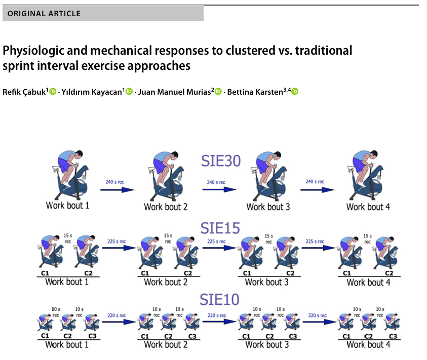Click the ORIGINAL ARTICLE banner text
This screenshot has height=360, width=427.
pos(44,13)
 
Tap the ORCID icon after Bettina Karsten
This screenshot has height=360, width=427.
pos(295,92)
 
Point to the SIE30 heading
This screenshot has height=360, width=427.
pos(220,161)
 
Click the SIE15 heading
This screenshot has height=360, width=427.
pos(220,228)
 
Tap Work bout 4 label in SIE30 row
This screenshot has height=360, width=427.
pos(368,207)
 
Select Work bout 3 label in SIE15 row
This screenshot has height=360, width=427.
pos(267,282)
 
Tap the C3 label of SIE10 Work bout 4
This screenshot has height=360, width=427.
pos(392,336)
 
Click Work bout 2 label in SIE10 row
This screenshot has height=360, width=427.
pos(166,344)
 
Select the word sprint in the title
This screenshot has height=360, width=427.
pos(17,66)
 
